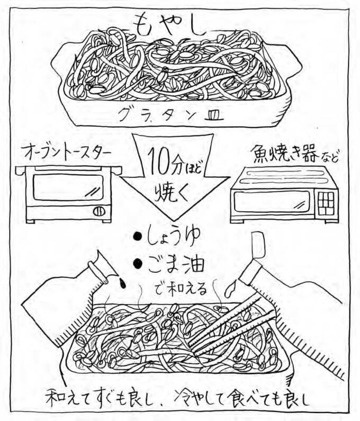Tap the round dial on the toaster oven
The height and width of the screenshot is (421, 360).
98,211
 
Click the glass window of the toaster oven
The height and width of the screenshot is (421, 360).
62,189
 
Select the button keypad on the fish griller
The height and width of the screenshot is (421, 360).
327,201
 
